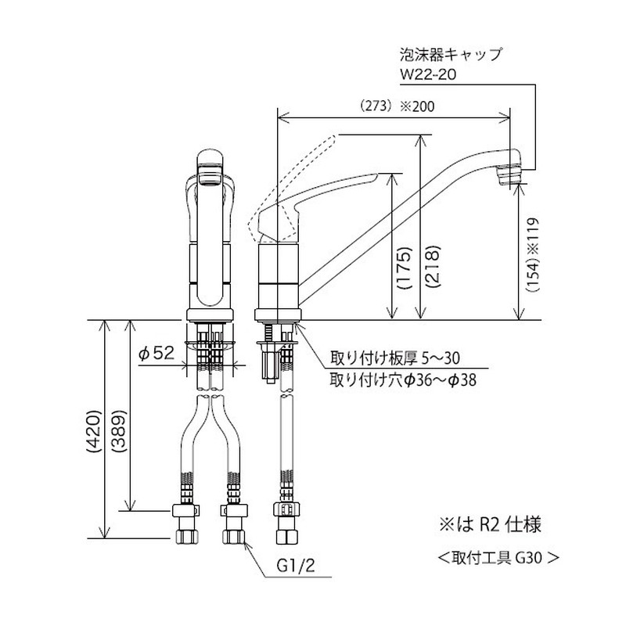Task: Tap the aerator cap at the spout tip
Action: click(509, 173)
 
